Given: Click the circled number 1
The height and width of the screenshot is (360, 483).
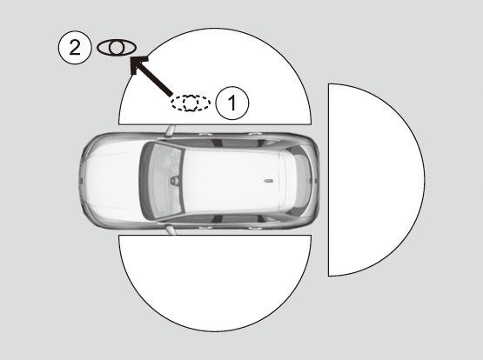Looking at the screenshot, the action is point(232,103).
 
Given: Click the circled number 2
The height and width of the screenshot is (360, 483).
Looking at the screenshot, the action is point(75,48).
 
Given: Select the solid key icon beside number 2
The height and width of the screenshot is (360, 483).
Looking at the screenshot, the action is point(117,48).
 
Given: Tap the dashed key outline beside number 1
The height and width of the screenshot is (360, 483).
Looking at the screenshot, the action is point(191,103).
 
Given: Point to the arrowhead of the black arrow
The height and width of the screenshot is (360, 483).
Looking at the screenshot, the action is point(138,64).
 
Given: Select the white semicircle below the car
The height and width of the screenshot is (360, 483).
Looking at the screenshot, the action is point(215,283).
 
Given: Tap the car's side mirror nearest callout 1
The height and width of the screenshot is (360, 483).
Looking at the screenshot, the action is point(170,130).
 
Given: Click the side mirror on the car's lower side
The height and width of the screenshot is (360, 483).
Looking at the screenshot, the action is point(171,230).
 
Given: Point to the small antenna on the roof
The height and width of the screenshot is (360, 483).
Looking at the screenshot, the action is point(268,180).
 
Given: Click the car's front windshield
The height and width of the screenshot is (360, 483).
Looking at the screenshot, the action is point(162,180).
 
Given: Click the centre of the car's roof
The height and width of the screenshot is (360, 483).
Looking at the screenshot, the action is point(231,180).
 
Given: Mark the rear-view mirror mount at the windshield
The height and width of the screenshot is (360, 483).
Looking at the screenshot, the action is point(175,180).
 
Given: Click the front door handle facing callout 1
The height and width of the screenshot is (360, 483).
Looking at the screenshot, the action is point(205,135).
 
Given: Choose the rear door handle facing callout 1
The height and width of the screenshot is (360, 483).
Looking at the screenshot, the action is point(255,134).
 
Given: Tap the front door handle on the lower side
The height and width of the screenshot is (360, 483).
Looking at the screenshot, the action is point(205,227).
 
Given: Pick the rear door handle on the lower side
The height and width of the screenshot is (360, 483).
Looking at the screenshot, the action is point(255,228).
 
